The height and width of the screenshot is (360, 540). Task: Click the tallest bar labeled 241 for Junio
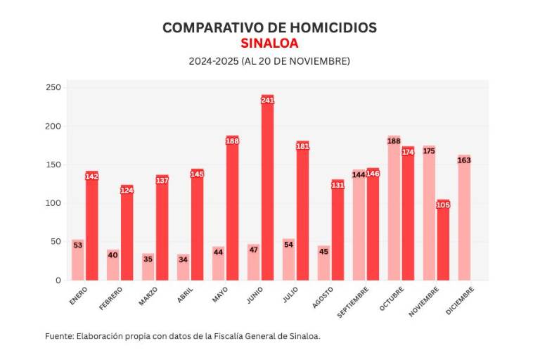[267, 190]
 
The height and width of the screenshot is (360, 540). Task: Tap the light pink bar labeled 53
[77, 260]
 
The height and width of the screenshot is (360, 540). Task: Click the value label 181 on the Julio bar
[302, 146]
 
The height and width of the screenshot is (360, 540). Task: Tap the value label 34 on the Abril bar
[183, 259]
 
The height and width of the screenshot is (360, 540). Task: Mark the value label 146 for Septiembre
[373, 174]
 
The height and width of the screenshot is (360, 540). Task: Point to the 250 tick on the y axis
[53, 88]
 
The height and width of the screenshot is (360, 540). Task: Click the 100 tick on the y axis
[53, 203]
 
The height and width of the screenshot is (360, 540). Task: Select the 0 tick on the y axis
[58, 281]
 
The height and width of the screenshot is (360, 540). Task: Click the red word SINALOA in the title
[269, 44]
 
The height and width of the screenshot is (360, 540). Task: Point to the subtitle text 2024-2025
[213, 61]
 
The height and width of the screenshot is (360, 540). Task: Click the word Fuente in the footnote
[58, 336]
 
